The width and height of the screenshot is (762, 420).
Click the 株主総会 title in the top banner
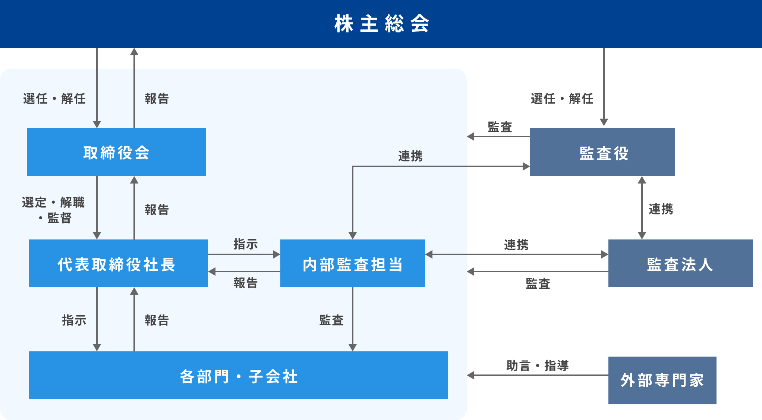click(381, 23)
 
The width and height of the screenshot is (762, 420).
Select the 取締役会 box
click(116, 152)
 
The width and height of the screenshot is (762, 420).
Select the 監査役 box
click(602, 152)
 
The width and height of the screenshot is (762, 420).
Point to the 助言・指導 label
click(537, 366)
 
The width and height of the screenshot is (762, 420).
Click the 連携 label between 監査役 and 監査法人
click(661, 209)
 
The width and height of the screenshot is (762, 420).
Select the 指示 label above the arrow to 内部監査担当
click(245, 244)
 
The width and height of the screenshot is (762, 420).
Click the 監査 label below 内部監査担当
click(331, 320)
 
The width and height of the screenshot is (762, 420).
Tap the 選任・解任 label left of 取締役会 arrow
click(54, 99)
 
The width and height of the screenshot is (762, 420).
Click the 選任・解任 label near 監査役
click(562, 99)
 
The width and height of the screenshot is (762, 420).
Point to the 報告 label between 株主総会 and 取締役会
click(157, 99)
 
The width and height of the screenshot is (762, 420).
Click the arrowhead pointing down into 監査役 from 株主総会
click(604, 122)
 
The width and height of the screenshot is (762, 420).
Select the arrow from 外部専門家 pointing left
click(537, 375)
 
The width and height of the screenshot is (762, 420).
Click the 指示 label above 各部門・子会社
click(74, 320)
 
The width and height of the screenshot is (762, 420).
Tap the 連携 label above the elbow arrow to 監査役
click(410, 156)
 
